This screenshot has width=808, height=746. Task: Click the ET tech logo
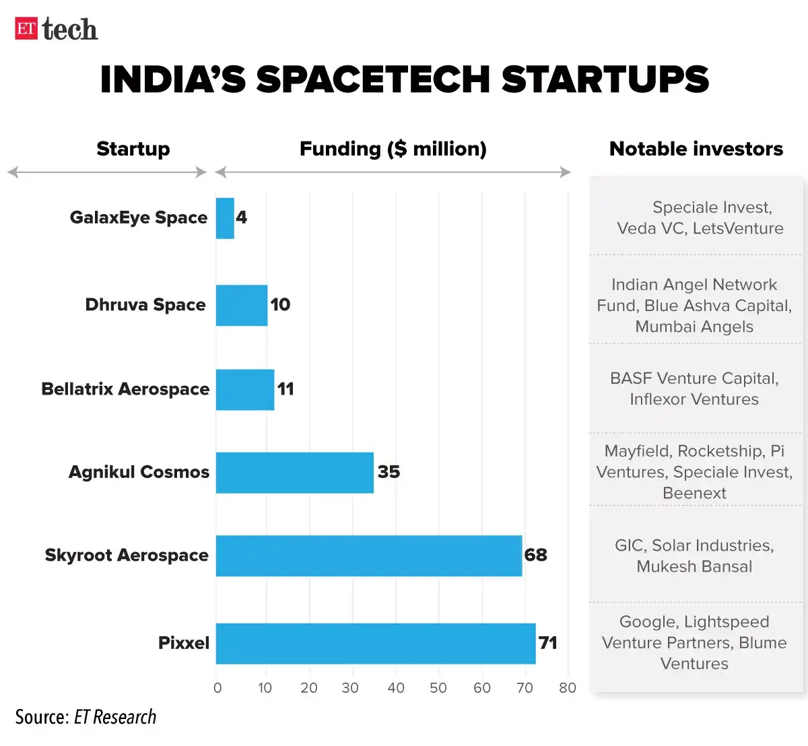click(x=57, y=29)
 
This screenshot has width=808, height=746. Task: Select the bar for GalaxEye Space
click(x=225, y=218)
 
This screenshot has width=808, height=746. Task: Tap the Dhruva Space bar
click(x=242, y=305)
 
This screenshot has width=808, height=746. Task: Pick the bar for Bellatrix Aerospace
click(x=245, y=389)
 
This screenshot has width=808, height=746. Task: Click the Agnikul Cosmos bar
click(x=294, y=472)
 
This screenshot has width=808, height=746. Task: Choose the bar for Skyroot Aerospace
click(x=369, y=555)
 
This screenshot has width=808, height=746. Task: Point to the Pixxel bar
click(x=376, y=643)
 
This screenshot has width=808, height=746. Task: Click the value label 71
click(x=548, y=643)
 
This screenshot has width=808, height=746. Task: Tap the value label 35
click(x=389, y=472)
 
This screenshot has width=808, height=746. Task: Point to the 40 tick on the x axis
click(x=396, y=688)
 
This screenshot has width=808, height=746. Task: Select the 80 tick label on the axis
click(x=568, y=688)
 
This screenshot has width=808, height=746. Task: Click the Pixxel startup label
click(x=184, y=643)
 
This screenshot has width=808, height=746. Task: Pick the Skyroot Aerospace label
click(x=127, y=555)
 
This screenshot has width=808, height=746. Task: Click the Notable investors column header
click(x=696, y=149)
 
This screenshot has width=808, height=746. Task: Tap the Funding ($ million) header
click(x=393, y=149)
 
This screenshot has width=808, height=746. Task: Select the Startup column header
click(x=133, y=149)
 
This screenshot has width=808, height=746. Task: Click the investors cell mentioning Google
click(x=694, y=642)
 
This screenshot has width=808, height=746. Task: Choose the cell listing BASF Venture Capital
click(x=694, y=388)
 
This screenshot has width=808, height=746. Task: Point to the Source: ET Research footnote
click(x=86, y=717)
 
